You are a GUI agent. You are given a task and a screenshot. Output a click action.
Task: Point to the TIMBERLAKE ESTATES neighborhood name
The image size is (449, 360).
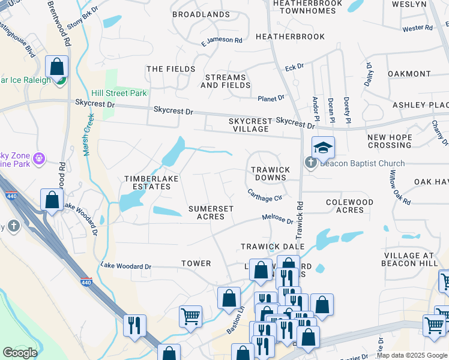coord(147,183)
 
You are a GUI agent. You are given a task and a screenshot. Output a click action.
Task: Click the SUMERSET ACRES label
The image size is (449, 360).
coord(211,212)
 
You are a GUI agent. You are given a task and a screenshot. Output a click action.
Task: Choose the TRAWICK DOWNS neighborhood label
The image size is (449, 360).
coord(270,174)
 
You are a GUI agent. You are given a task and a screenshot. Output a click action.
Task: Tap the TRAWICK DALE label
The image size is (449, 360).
coord(273,247)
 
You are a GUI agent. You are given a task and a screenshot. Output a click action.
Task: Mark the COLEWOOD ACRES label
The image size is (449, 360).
coord(349,206)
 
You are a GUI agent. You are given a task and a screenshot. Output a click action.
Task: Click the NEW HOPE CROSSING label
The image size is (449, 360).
coord(390,142)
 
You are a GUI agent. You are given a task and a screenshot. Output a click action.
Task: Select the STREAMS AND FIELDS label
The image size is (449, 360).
coord(226,82)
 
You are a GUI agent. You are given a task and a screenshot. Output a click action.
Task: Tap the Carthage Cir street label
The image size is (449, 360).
coord(265,195)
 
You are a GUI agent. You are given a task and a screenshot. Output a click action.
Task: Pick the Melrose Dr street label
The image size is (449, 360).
coord(277,220)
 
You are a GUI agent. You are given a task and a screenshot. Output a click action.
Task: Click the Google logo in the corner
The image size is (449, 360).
coord(20,353)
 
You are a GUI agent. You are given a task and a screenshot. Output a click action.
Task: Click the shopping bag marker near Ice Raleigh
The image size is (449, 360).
coord(57,67)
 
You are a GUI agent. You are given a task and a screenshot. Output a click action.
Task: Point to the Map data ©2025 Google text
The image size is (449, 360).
coord(412,355)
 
